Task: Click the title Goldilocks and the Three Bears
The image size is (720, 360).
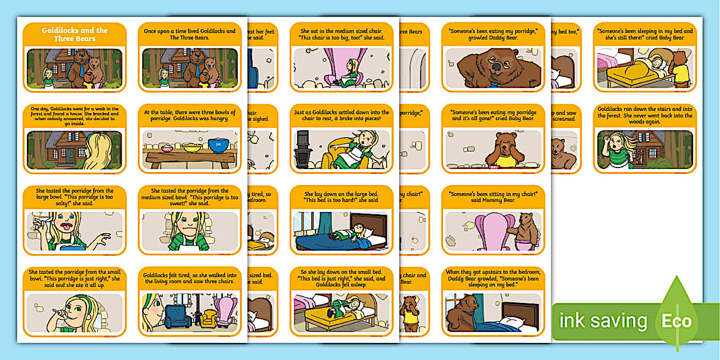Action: (74, 34)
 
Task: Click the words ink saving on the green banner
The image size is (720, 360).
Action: (603, 321)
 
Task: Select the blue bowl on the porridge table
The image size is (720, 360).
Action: (218, 145)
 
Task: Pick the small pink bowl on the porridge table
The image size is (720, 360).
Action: (167, 148)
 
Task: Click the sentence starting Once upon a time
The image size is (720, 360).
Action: (189, 34)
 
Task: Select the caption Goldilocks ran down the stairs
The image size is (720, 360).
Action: (645, 115)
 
